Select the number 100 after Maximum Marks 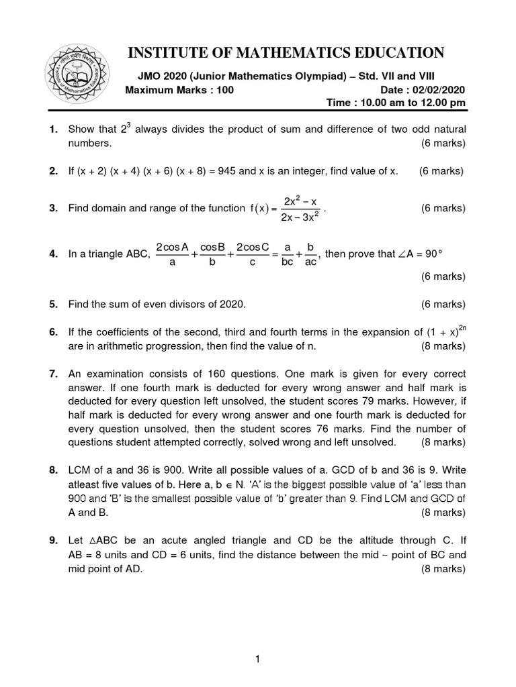222,90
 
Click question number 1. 54,129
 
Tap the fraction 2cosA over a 172,255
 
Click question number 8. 54,471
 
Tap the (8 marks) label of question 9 443,569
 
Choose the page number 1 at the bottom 257,660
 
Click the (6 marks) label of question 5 443,305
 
